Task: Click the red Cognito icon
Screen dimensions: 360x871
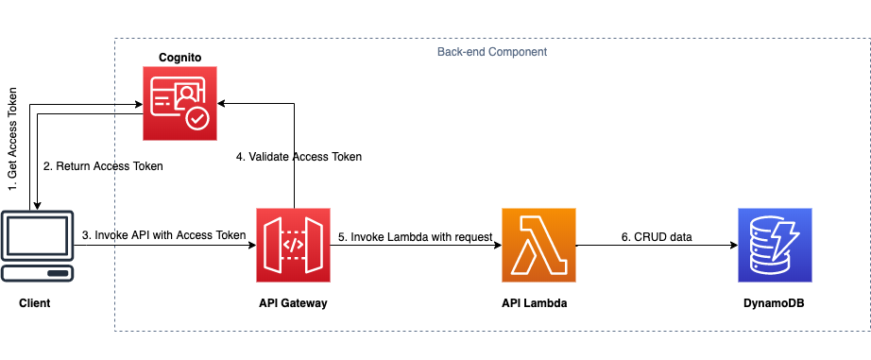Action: coord(179,103)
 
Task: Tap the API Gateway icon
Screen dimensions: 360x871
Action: coord(294,246)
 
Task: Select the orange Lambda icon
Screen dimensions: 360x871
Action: coord(538,246)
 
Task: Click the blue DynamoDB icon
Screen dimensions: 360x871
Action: coord(775,246)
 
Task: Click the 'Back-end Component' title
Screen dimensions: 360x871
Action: coord(492,51)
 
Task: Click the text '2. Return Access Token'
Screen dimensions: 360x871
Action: coord(103,166)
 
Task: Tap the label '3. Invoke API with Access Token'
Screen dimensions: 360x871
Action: coord(163,235)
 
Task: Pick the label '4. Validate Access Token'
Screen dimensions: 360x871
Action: coord(299,156)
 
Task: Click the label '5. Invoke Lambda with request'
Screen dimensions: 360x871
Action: coord(416,237)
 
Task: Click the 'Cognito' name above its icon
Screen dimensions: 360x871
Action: coord(179,59)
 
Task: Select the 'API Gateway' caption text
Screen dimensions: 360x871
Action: coord(294,302)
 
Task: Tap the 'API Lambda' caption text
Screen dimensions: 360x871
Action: coord(538,302)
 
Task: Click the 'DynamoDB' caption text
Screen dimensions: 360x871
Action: coord(775,302)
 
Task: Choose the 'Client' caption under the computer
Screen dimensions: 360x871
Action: coord(35,302)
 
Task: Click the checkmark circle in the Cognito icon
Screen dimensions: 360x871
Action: coord(197,118)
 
